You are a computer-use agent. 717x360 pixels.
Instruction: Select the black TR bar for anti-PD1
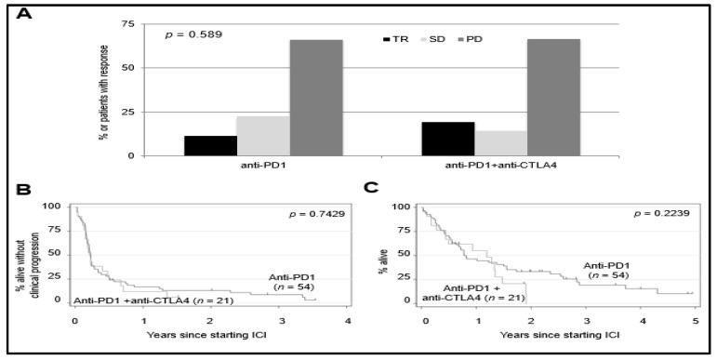210,146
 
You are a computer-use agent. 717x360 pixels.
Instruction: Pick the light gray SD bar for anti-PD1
263,136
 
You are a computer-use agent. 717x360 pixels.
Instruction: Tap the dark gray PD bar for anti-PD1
315,98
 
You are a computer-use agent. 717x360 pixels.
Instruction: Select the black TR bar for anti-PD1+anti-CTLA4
448,139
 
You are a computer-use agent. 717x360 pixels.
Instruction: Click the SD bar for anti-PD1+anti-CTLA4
500,143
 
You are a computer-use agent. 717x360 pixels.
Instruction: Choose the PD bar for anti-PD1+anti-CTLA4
553,98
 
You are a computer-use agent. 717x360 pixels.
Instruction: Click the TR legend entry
396,40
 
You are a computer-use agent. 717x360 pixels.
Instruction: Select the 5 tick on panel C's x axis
696,321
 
